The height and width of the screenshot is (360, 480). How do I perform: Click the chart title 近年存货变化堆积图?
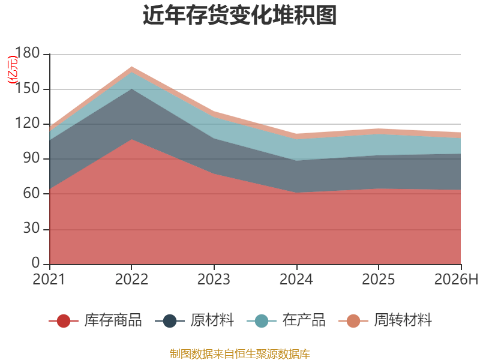point(239,15)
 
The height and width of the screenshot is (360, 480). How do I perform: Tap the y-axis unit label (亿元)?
point(13,70)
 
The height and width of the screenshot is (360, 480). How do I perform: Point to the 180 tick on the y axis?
point(27,53)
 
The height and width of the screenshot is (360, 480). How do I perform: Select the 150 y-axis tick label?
point(27,88)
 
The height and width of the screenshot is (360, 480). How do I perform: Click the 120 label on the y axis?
point(27,123)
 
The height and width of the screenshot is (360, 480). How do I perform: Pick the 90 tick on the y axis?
point(32,158)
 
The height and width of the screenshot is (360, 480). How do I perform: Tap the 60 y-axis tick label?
point(32,193)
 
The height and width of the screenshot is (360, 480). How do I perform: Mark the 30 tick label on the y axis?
point(32,228)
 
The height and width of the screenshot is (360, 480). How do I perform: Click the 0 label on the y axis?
point(36,263)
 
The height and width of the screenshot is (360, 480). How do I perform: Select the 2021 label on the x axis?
point(49,279)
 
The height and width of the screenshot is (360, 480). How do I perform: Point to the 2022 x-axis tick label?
point(131,279)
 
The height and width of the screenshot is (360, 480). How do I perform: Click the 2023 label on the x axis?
point(214,279)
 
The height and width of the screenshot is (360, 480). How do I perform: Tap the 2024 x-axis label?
point(296,279)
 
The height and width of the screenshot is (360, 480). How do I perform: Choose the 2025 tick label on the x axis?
point(379,279)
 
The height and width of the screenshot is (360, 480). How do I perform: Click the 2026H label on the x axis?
point(456,279)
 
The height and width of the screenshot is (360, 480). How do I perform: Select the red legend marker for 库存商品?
point(64,321)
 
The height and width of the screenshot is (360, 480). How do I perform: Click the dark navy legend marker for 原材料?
point(170,321)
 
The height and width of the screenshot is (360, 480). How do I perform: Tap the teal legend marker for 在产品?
point(262,321)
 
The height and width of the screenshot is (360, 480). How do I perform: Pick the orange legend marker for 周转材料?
point(353,321)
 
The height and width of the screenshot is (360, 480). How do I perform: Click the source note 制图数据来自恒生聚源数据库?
point(240,354)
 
